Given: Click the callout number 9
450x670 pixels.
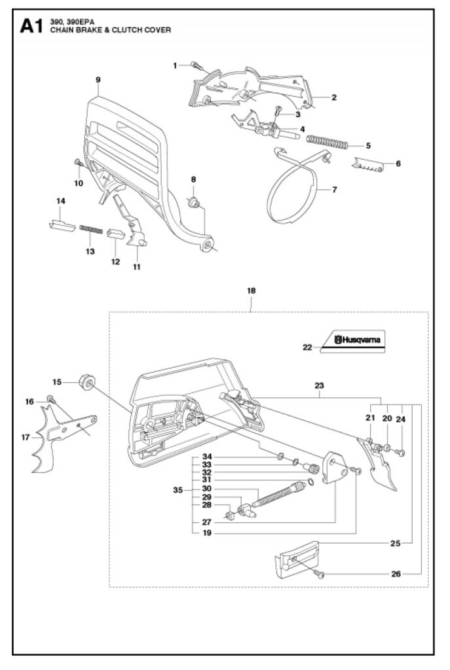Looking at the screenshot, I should pyautogui.click(x=98, y=79).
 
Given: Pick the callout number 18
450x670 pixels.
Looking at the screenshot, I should pyautogui.click(x=252, y=289).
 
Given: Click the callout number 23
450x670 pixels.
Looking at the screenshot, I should pyautogui.click(x=319, y=385).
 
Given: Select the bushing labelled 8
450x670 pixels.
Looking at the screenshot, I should pyautogui.click(x=194, y=200).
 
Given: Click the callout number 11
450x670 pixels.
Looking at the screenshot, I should pyautogui.click(x=137, y=266).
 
